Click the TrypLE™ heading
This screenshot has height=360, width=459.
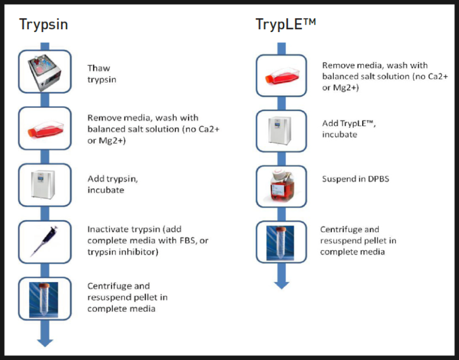[286, 24]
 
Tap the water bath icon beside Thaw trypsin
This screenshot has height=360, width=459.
[45, 71]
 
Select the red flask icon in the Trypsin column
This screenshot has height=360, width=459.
[45, 128]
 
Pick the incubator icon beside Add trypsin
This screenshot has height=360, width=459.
[45, 185]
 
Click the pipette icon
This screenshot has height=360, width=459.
[45, 241]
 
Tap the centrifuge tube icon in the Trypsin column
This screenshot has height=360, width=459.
[45, 298]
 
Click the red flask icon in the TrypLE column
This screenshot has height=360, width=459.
[281, 75]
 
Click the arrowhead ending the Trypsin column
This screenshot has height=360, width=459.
[45, 342]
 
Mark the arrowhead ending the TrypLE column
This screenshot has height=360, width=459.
[281, 283]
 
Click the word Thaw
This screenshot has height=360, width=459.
[99, 68]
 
